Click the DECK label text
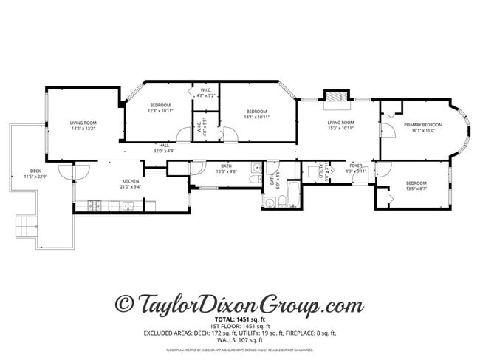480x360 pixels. (35, 170)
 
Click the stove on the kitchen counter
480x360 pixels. (95, 206)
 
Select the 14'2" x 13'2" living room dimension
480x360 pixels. (83, 129)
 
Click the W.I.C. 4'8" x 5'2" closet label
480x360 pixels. (206, 92)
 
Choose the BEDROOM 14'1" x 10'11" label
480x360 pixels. (256, 113)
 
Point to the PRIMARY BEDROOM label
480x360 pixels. (422, 125)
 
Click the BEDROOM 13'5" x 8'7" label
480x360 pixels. (416, 185)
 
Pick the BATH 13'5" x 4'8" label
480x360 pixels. (226, 169)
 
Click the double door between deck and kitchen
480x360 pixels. (67, 171)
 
